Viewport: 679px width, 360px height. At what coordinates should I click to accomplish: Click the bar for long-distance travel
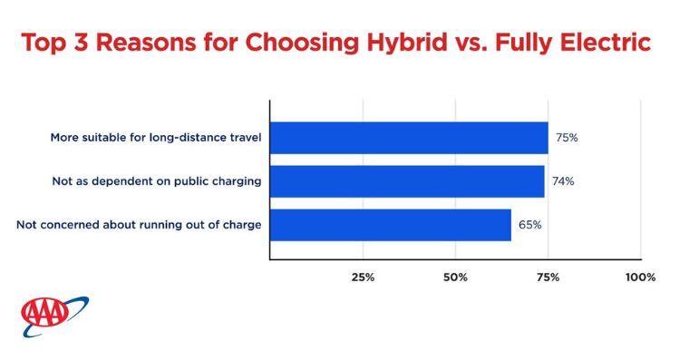[x=409, y=138]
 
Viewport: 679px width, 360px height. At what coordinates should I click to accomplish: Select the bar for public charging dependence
[x=407, y=181]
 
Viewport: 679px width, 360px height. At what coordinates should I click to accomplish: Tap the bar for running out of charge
[x=391, y=225]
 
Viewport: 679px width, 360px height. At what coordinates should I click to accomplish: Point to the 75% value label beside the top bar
[x=567, y=138]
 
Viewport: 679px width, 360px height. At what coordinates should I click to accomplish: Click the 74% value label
[x=563, y=181]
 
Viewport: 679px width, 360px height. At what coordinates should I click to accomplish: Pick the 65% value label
[x=529, y=225]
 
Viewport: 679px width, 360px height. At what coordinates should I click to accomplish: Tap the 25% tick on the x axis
[x=363, y=277]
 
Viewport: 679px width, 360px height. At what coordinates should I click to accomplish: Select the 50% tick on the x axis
[x=455, y=277]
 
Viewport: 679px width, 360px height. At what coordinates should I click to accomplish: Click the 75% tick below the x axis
[x=548, y=277]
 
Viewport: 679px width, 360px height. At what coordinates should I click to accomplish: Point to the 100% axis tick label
[x=640, y=277]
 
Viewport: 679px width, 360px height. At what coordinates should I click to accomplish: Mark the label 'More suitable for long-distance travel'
[x=156, y=138]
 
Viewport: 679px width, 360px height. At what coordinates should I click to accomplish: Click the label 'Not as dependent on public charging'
[x=157, y=181]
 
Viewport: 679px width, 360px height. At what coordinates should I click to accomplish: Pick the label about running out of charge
[x=139, y=225]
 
